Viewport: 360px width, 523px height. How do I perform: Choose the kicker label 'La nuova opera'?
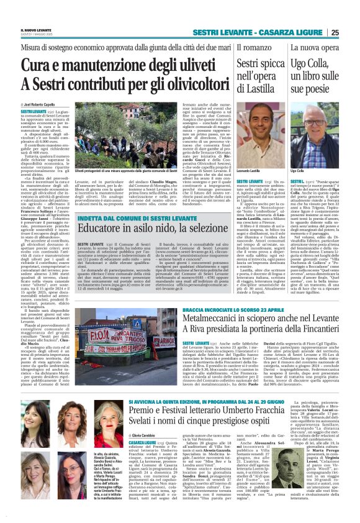[x=312, y=48]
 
